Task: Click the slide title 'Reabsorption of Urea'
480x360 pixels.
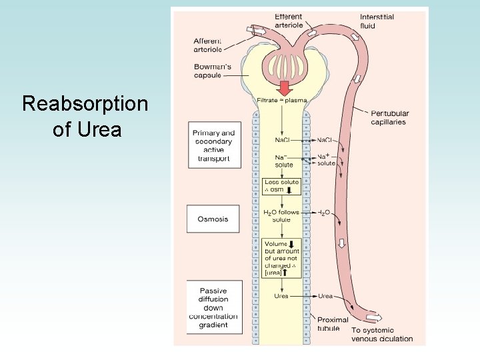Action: pyautogui.click(x=85, y=116)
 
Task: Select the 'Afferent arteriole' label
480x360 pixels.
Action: pyautogui.click(x=207, y=45)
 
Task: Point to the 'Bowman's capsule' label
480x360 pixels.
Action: pyautogui.click(x=213, y=71)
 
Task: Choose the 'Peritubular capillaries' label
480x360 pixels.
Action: pyautogui.click(x=389, y=117)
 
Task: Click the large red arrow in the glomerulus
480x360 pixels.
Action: pyautogui.click(x=285, y=87)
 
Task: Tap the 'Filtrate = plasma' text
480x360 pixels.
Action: pyautogui.click(x=281, y=101)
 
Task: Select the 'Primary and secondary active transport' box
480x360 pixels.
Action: pyautogui.click(x=213, y=146)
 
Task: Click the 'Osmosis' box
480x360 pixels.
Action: pyautogui.click(x=213, y=219)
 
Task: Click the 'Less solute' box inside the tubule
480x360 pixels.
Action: pyautogui.click(x=281, y=185)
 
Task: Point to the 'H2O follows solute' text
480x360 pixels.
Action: pyautogui.click(x=281, y=215)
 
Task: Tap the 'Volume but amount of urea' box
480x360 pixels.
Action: pyautogui.click(x=281, y=258)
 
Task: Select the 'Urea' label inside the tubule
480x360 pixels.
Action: pyautogui.click(x=281, y=296)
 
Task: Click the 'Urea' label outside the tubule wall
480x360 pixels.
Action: pyautogui.click(x=325, y=296)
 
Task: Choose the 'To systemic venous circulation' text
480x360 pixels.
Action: pyautogui.click(x=382, y=334)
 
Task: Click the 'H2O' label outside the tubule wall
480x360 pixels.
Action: pyautogui.click(x=323, y=212)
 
